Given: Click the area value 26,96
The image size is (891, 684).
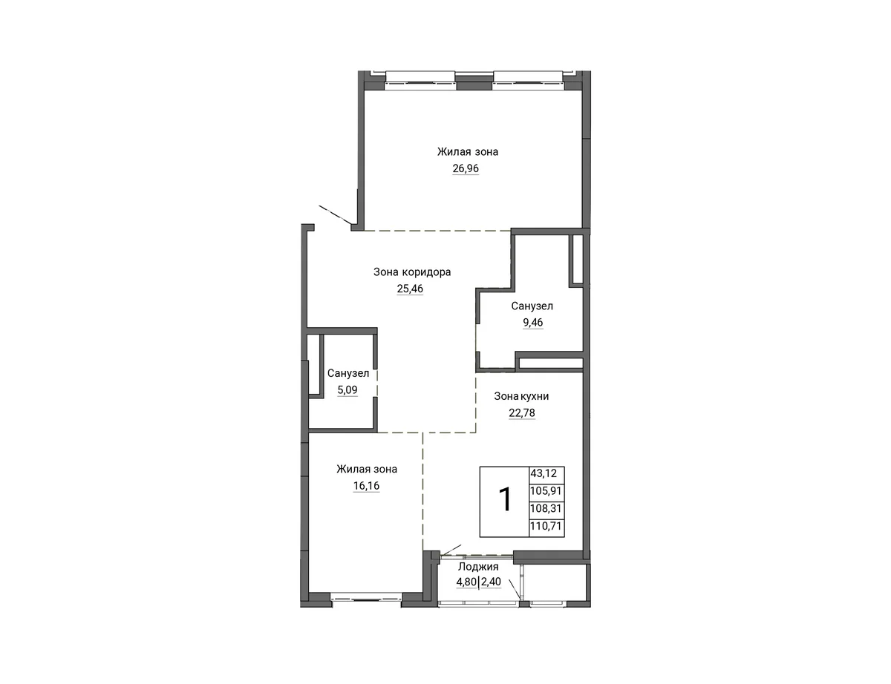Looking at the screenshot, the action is click(466, 168).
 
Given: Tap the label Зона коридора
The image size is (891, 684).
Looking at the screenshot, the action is click(412, 272).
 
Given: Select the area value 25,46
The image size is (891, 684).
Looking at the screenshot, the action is click(410, 289).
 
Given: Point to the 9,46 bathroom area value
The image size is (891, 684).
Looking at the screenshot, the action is click(532, 322).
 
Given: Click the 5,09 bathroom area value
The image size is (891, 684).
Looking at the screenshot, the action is click(347, 390).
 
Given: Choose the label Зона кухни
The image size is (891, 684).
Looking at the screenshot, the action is click(521, 396).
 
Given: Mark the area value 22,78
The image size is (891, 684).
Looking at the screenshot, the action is click(522, 413).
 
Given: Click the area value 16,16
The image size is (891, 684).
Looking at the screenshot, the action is click(367, 486).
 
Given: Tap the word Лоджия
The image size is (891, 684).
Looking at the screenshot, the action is click(478, 567).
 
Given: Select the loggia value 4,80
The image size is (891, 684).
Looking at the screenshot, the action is click(466, 582).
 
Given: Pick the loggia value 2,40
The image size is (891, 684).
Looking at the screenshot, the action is click(491, 582).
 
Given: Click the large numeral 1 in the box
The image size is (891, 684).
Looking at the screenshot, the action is click(505, 500).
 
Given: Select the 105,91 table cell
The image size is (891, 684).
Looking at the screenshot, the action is click(546, 490).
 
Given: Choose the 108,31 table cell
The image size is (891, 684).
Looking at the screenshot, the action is click(546, 508).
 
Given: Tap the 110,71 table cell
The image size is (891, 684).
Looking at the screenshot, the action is click(546, 526).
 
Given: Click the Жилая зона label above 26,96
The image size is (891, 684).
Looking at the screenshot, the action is click(468, 151).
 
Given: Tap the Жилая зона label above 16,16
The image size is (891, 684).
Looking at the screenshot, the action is click(367, 469).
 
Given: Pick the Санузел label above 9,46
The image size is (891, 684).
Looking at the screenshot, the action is click(532, 306).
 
